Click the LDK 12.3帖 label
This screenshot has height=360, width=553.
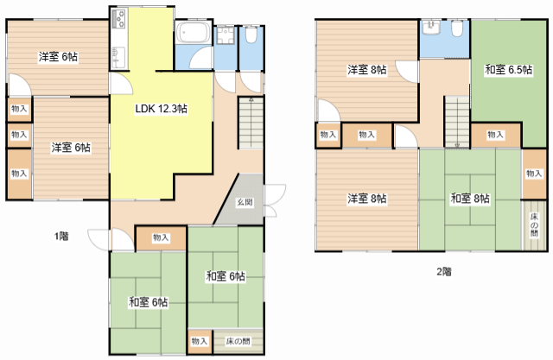coord(162,109)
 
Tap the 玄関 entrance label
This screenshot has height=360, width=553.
coord(245,203)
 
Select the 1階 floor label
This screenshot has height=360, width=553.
coord(61,236)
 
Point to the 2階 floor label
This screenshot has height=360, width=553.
coord(444,272)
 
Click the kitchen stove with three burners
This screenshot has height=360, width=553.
coord(119,19)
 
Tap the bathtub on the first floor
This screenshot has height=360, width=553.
coord(193,33)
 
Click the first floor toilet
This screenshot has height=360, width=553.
coord(251,35)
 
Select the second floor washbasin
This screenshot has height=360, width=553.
coord(432,28)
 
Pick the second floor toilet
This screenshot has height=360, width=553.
coord(457,28)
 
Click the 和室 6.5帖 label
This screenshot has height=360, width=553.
coord(508,70)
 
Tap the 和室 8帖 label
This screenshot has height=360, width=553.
coord(470,199)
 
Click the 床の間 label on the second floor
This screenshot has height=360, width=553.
coord(534,224)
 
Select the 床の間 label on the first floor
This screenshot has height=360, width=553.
coord(238,341)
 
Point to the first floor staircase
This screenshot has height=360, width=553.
coord(251,123)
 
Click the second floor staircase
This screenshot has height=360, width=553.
coord(457,122)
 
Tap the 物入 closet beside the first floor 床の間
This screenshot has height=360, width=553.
coord(200,341)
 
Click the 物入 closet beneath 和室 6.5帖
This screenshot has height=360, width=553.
coord(495,135)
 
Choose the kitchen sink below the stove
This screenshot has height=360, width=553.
coord(118,57)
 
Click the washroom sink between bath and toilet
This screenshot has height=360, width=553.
coord(226,35)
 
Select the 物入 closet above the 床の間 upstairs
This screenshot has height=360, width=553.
coord(534,174)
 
